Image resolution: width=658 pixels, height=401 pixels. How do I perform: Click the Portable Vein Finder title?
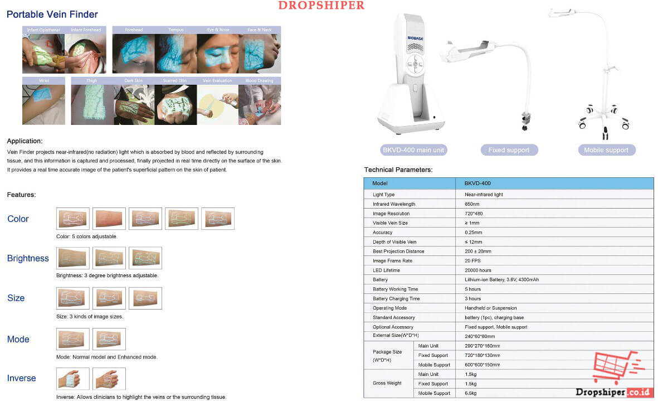pyautogui.click(x=52, y=15)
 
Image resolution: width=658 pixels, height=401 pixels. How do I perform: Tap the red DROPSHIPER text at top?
pyautogui.click(x=321, y=6)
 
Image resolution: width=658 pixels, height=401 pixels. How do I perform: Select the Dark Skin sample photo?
pyautogui.click(x=134, y=104)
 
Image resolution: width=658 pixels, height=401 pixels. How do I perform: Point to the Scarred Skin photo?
pyautogui.click(x=176, y=104)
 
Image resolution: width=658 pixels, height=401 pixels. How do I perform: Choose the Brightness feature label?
pyautogui.click(x=28, y=258)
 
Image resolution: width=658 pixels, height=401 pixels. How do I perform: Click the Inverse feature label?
pyautogui.click(x=21, y=378)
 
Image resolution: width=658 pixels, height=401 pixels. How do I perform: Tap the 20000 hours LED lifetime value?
pyautogui.click(x=479, y=270)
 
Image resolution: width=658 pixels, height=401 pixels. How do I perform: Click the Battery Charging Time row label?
pyautogui.click(x=396, y=298)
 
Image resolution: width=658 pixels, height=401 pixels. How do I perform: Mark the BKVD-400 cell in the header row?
pyautogui.click(x=477, y=183)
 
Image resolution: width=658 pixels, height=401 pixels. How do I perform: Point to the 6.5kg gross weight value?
pyautogui.click(x=470, y=393)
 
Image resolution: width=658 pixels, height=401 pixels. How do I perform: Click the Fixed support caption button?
pyautogui.click(x=509, y=150)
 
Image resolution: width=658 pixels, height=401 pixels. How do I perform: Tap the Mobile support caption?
pyautogui.click(x=606, y=150)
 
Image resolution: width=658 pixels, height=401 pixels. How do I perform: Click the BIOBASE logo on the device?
pyautogui.click(x=416, y=37)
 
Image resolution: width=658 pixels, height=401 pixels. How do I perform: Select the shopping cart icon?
pyautogui.click(x=616, y=368)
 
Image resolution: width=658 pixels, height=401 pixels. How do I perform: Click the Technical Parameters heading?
pyautogui.click(x=398, y=169)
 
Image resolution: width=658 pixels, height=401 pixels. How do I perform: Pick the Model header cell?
pyautogui.click(x=380, y=183)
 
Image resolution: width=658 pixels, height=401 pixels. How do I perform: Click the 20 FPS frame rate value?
pyautogui.click(x=472, y=260)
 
